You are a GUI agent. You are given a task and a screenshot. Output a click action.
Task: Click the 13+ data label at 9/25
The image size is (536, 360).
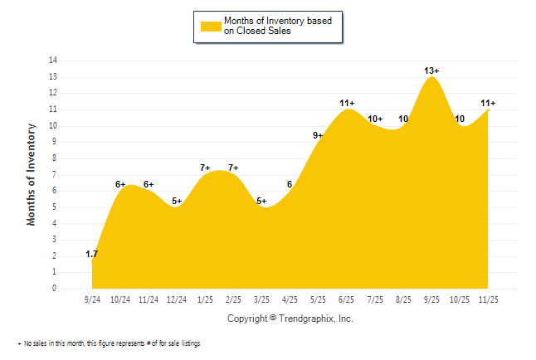point(431,71)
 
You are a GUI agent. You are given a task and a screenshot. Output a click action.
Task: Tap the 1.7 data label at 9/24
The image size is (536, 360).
point(93,254)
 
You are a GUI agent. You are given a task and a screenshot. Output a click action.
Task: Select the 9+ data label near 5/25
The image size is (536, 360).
point(319,136)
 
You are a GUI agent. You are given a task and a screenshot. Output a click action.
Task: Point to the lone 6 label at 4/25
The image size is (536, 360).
point(290,185)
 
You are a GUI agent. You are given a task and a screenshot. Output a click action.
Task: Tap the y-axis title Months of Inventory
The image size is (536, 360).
point(32,174)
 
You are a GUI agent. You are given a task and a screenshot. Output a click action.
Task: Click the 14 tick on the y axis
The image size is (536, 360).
point(53,61)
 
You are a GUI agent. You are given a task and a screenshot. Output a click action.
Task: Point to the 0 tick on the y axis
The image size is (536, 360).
point(55,289)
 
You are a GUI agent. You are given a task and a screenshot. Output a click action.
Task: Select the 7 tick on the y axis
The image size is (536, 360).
point(55,174)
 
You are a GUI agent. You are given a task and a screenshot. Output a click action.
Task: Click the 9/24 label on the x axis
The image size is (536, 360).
point(93,299)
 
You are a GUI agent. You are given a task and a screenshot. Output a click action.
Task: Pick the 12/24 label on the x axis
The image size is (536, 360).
point(177,299)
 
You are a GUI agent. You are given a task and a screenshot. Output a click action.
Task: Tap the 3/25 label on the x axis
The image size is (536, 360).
point(261,299)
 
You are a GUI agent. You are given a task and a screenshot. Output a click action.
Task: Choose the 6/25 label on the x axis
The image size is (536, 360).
point(346,299)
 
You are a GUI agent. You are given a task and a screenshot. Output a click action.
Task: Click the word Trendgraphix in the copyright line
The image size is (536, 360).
point(302,318)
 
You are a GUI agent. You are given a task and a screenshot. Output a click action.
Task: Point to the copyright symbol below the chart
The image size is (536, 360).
point(273,318)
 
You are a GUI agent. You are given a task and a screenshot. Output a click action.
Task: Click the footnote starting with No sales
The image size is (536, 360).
point(112,343)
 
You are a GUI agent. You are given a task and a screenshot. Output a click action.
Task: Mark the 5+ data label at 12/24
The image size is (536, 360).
point(177,202)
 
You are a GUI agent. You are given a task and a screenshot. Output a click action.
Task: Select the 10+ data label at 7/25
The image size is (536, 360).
point(375,119)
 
